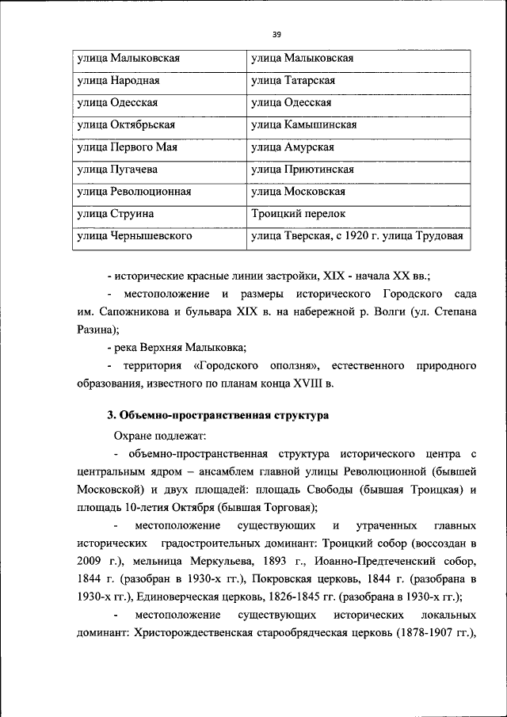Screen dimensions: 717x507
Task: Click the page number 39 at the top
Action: [x=276, y=34]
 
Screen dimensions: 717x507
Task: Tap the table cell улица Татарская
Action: [x=294, y=81]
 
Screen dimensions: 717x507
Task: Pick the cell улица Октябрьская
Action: [x=125, y=125]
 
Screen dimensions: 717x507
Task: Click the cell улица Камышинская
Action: [x=304, y=125]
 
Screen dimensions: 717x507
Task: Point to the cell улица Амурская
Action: [x=292, y=147]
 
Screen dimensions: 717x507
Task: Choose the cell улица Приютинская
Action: [x=302, y=170]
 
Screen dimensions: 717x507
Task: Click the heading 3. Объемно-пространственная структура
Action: [x=218, y=415]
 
